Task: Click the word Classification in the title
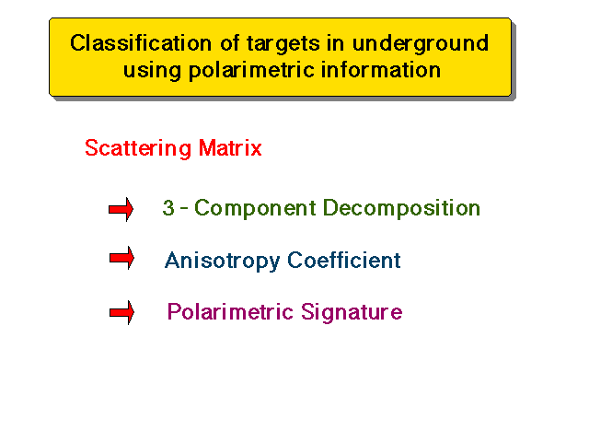pyautogui.click(x=141, y=43)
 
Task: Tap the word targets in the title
pyautogui.click(x=283, y=44)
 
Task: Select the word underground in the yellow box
pyautogui.click(x=421, y=44)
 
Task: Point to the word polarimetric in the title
pyautogui.click(x=251, y=71)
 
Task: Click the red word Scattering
pyautogui.click(x=138, y=148)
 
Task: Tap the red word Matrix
pyautogui.click(x=230, y=147)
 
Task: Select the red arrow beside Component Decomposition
pyautogui.click(x=121, y=209)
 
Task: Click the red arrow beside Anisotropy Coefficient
pyautogui.click(x=121, y=258)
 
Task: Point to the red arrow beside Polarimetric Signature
pyautogui.click(x=121, y=312)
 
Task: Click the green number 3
pyautogui.click(x=168, y=208)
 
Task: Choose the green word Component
pyautogui.click(x=256, y=209)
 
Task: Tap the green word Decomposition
pyautogui.click(x=401, y=208)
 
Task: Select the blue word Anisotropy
pyautogui.click(x=223, y=261)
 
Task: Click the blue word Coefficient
pyautogui.click(x=344, y=260)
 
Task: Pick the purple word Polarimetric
pyautogui.click(x=230, y=311)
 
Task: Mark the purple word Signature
pyautogui.click(x=352, y=312)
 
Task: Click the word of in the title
pyautogui.click(x=229, y=43)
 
